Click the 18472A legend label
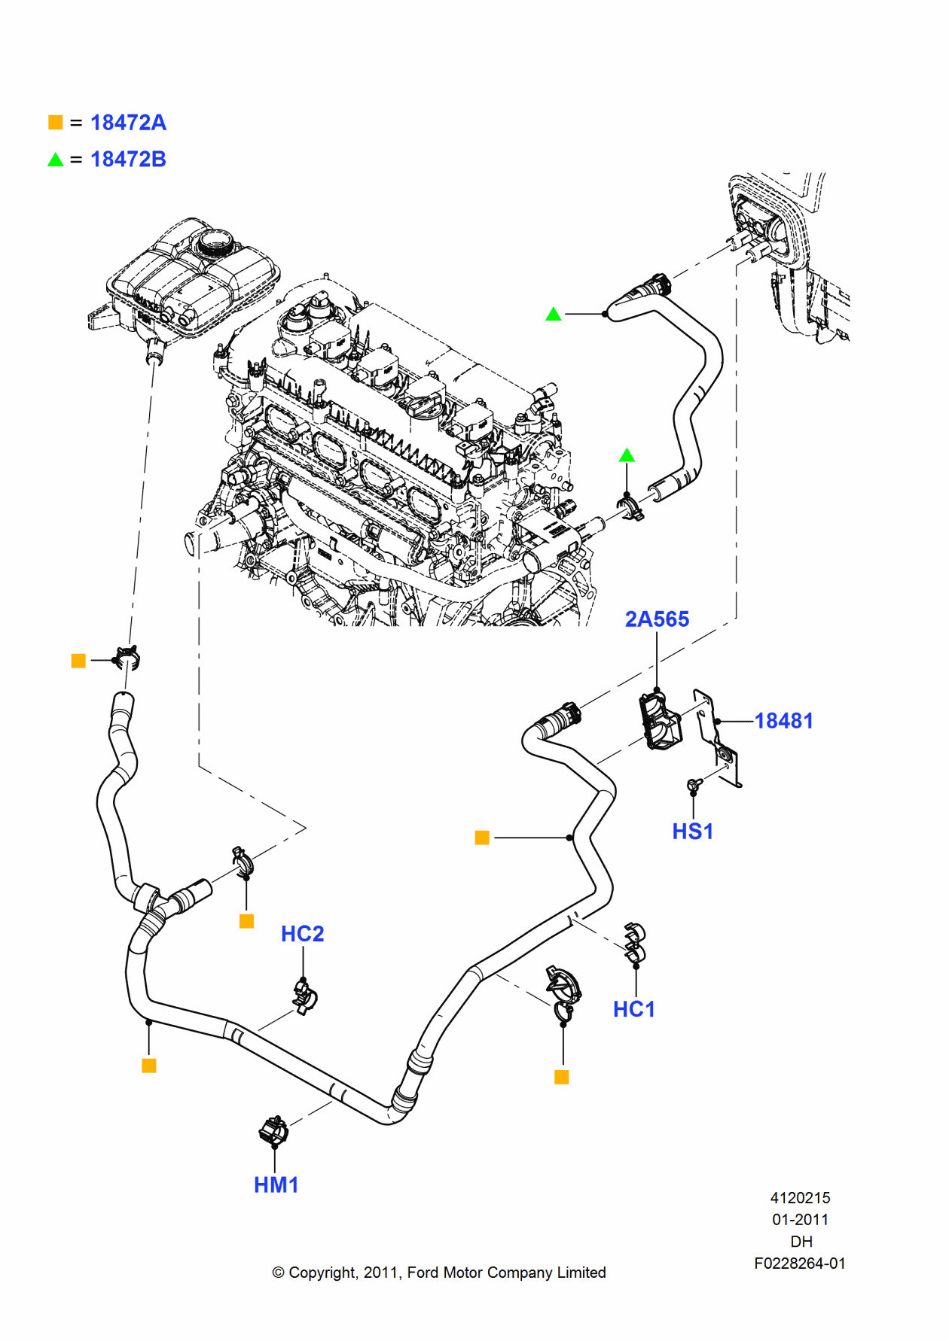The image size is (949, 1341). [x=128, y=123]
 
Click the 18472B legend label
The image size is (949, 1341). [x=128, y=160]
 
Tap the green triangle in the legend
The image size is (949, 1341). [x=56, y=160]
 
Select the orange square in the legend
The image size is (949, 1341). [x=56, y=122]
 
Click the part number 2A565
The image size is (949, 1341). [x=657, y=619]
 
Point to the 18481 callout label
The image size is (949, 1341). [x=783, y=721]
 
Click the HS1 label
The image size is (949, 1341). [x=692, y=832]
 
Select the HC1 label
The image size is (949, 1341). [x=633, y=1009]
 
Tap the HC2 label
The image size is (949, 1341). [x=302, y=934]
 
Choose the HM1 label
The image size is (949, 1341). [x=276, y=1185]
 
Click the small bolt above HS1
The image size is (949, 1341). [x=694, y=785]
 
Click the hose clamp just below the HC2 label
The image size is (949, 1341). [x=305, y=996]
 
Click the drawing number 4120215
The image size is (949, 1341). [x=800, y=1198]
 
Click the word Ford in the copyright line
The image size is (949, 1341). [x=423, y=1273]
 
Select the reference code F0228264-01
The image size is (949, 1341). [x=800, y=1263]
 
